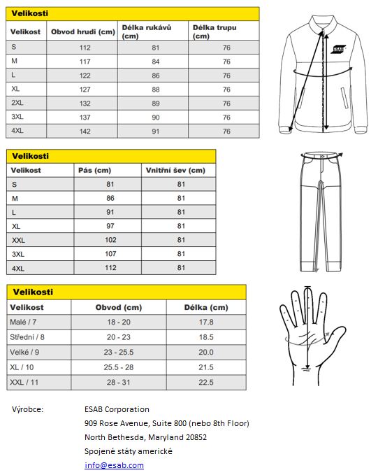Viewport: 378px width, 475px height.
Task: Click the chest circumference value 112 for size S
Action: click(85, 48)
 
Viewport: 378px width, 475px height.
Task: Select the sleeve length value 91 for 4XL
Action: click(155, 131)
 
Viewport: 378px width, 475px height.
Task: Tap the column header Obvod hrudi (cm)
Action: click(82, 31)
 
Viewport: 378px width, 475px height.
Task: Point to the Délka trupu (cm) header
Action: click(214, 31)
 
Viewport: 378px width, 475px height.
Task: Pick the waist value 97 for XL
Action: click(110, 226)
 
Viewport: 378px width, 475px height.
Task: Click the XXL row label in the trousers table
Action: click(19, 240)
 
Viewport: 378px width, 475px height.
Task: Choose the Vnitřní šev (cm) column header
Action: click(175, 170)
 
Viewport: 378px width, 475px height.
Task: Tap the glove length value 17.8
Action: click(205, 322)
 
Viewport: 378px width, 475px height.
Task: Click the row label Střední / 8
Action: click(29, 337)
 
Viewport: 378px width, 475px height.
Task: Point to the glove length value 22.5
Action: click(205, 382)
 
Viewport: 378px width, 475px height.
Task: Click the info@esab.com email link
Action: click(114, 465)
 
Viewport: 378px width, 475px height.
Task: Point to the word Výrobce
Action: click(28, 409)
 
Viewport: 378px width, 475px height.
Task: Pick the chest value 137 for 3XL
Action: click(85, 117)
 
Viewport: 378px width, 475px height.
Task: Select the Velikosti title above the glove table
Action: click(31, 292)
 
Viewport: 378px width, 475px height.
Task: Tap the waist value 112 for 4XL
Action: click(110, 268)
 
